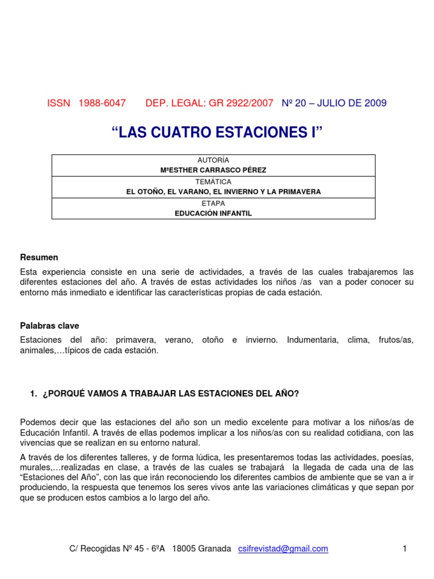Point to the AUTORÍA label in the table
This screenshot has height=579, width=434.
214,161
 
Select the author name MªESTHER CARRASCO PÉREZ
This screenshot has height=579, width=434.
214,170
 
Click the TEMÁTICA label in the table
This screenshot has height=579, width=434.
214,182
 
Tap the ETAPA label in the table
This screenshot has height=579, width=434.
214,203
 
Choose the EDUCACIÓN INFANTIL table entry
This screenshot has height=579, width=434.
214,213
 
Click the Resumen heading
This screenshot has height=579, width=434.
39,257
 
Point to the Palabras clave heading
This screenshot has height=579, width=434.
50,326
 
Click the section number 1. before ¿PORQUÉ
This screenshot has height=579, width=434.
33,394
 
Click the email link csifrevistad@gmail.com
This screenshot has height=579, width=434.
284,548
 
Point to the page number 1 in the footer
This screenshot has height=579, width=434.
405,548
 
